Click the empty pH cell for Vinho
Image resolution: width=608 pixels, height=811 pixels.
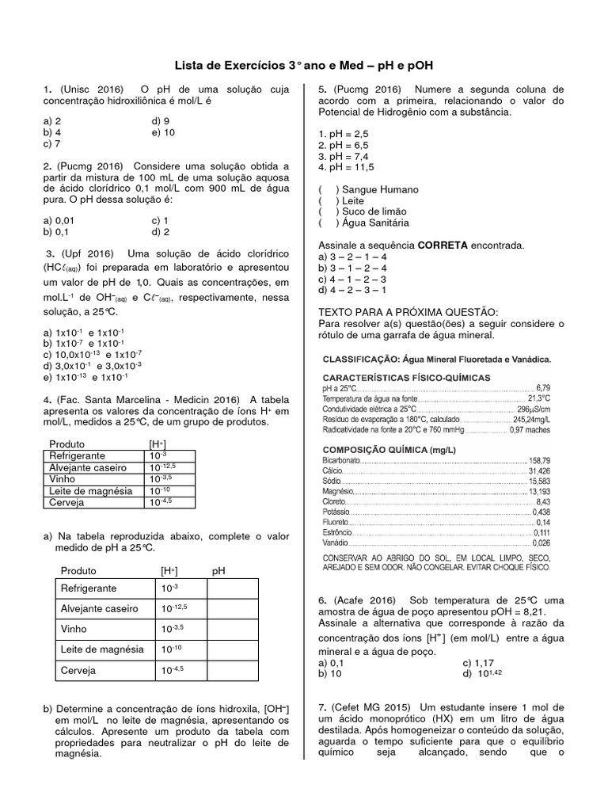tap(232, 630)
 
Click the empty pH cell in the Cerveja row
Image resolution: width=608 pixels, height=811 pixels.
tap(232, 670)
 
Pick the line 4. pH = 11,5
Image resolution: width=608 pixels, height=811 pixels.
tap(346, 168)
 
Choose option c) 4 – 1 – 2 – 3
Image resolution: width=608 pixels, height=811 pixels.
tap(351, 279)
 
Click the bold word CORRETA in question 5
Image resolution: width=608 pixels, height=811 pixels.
tap(442, 246)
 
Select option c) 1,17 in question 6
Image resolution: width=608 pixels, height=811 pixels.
tap(478, 662)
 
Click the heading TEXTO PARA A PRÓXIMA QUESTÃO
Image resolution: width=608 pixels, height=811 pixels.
tap(408, 312)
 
